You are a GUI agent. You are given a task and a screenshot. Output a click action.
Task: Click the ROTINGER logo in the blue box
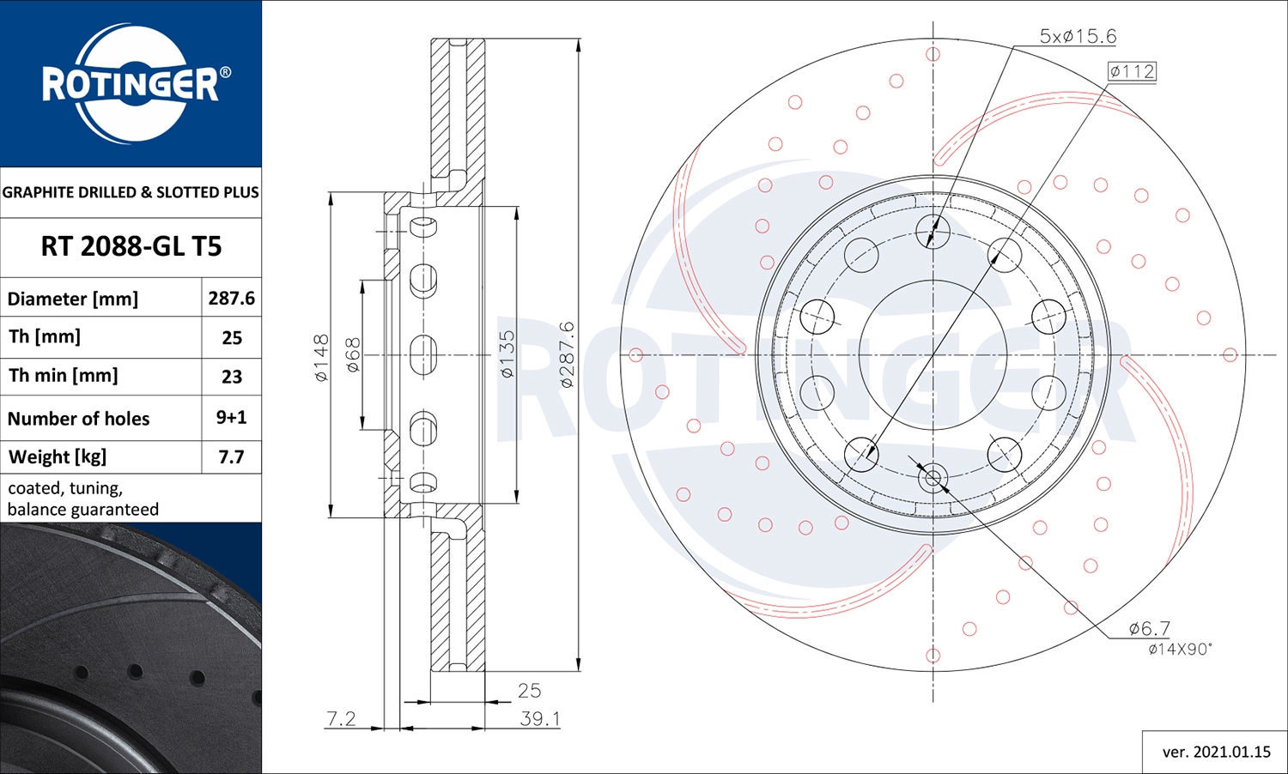[131, 83]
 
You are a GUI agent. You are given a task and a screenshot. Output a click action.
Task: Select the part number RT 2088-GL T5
[131, 246]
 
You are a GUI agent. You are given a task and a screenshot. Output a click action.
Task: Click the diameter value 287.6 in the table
[231, 298]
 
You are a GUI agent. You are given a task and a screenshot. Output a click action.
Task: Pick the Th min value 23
[231, 376]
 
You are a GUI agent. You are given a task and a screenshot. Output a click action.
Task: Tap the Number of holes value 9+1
[231, 417]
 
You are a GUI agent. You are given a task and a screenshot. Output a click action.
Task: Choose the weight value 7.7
[231, 457]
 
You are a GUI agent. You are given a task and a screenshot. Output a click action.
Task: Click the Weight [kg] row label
[58, 457]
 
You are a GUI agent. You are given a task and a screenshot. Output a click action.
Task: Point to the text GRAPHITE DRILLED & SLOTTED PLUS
[131, 192]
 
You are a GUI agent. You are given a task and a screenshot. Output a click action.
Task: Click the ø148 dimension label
[321, 358]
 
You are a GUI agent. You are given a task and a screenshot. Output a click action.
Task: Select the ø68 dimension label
[353, 355]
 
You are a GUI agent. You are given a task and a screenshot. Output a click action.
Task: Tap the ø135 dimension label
[507, 354]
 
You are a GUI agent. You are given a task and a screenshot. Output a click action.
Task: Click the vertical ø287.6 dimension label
[567, 354]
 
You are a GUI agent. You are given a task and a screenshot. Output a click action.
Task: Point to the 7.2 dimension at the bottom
[341, 718]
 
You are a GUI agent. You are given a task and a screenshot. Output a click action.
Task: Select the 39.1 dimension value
[539, 719]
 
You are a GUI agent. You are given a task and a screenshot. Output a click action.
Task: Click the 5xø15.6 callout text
[1078, 36]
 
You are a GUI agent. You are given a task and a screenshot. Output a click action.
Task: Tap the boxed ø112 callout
[1132, 72]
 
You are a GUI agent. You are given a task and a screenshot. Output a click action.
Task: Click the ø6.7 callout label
[1149, 629]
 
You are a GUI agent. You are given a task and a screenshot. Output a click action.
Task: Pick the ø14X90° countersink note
[1180, 650]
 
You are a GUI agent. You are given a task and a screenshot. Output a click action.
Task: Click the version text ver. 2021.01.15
[1216, 752]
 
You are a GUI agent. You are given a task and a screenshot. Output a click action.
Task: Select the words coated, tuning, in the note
[65, 488]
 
